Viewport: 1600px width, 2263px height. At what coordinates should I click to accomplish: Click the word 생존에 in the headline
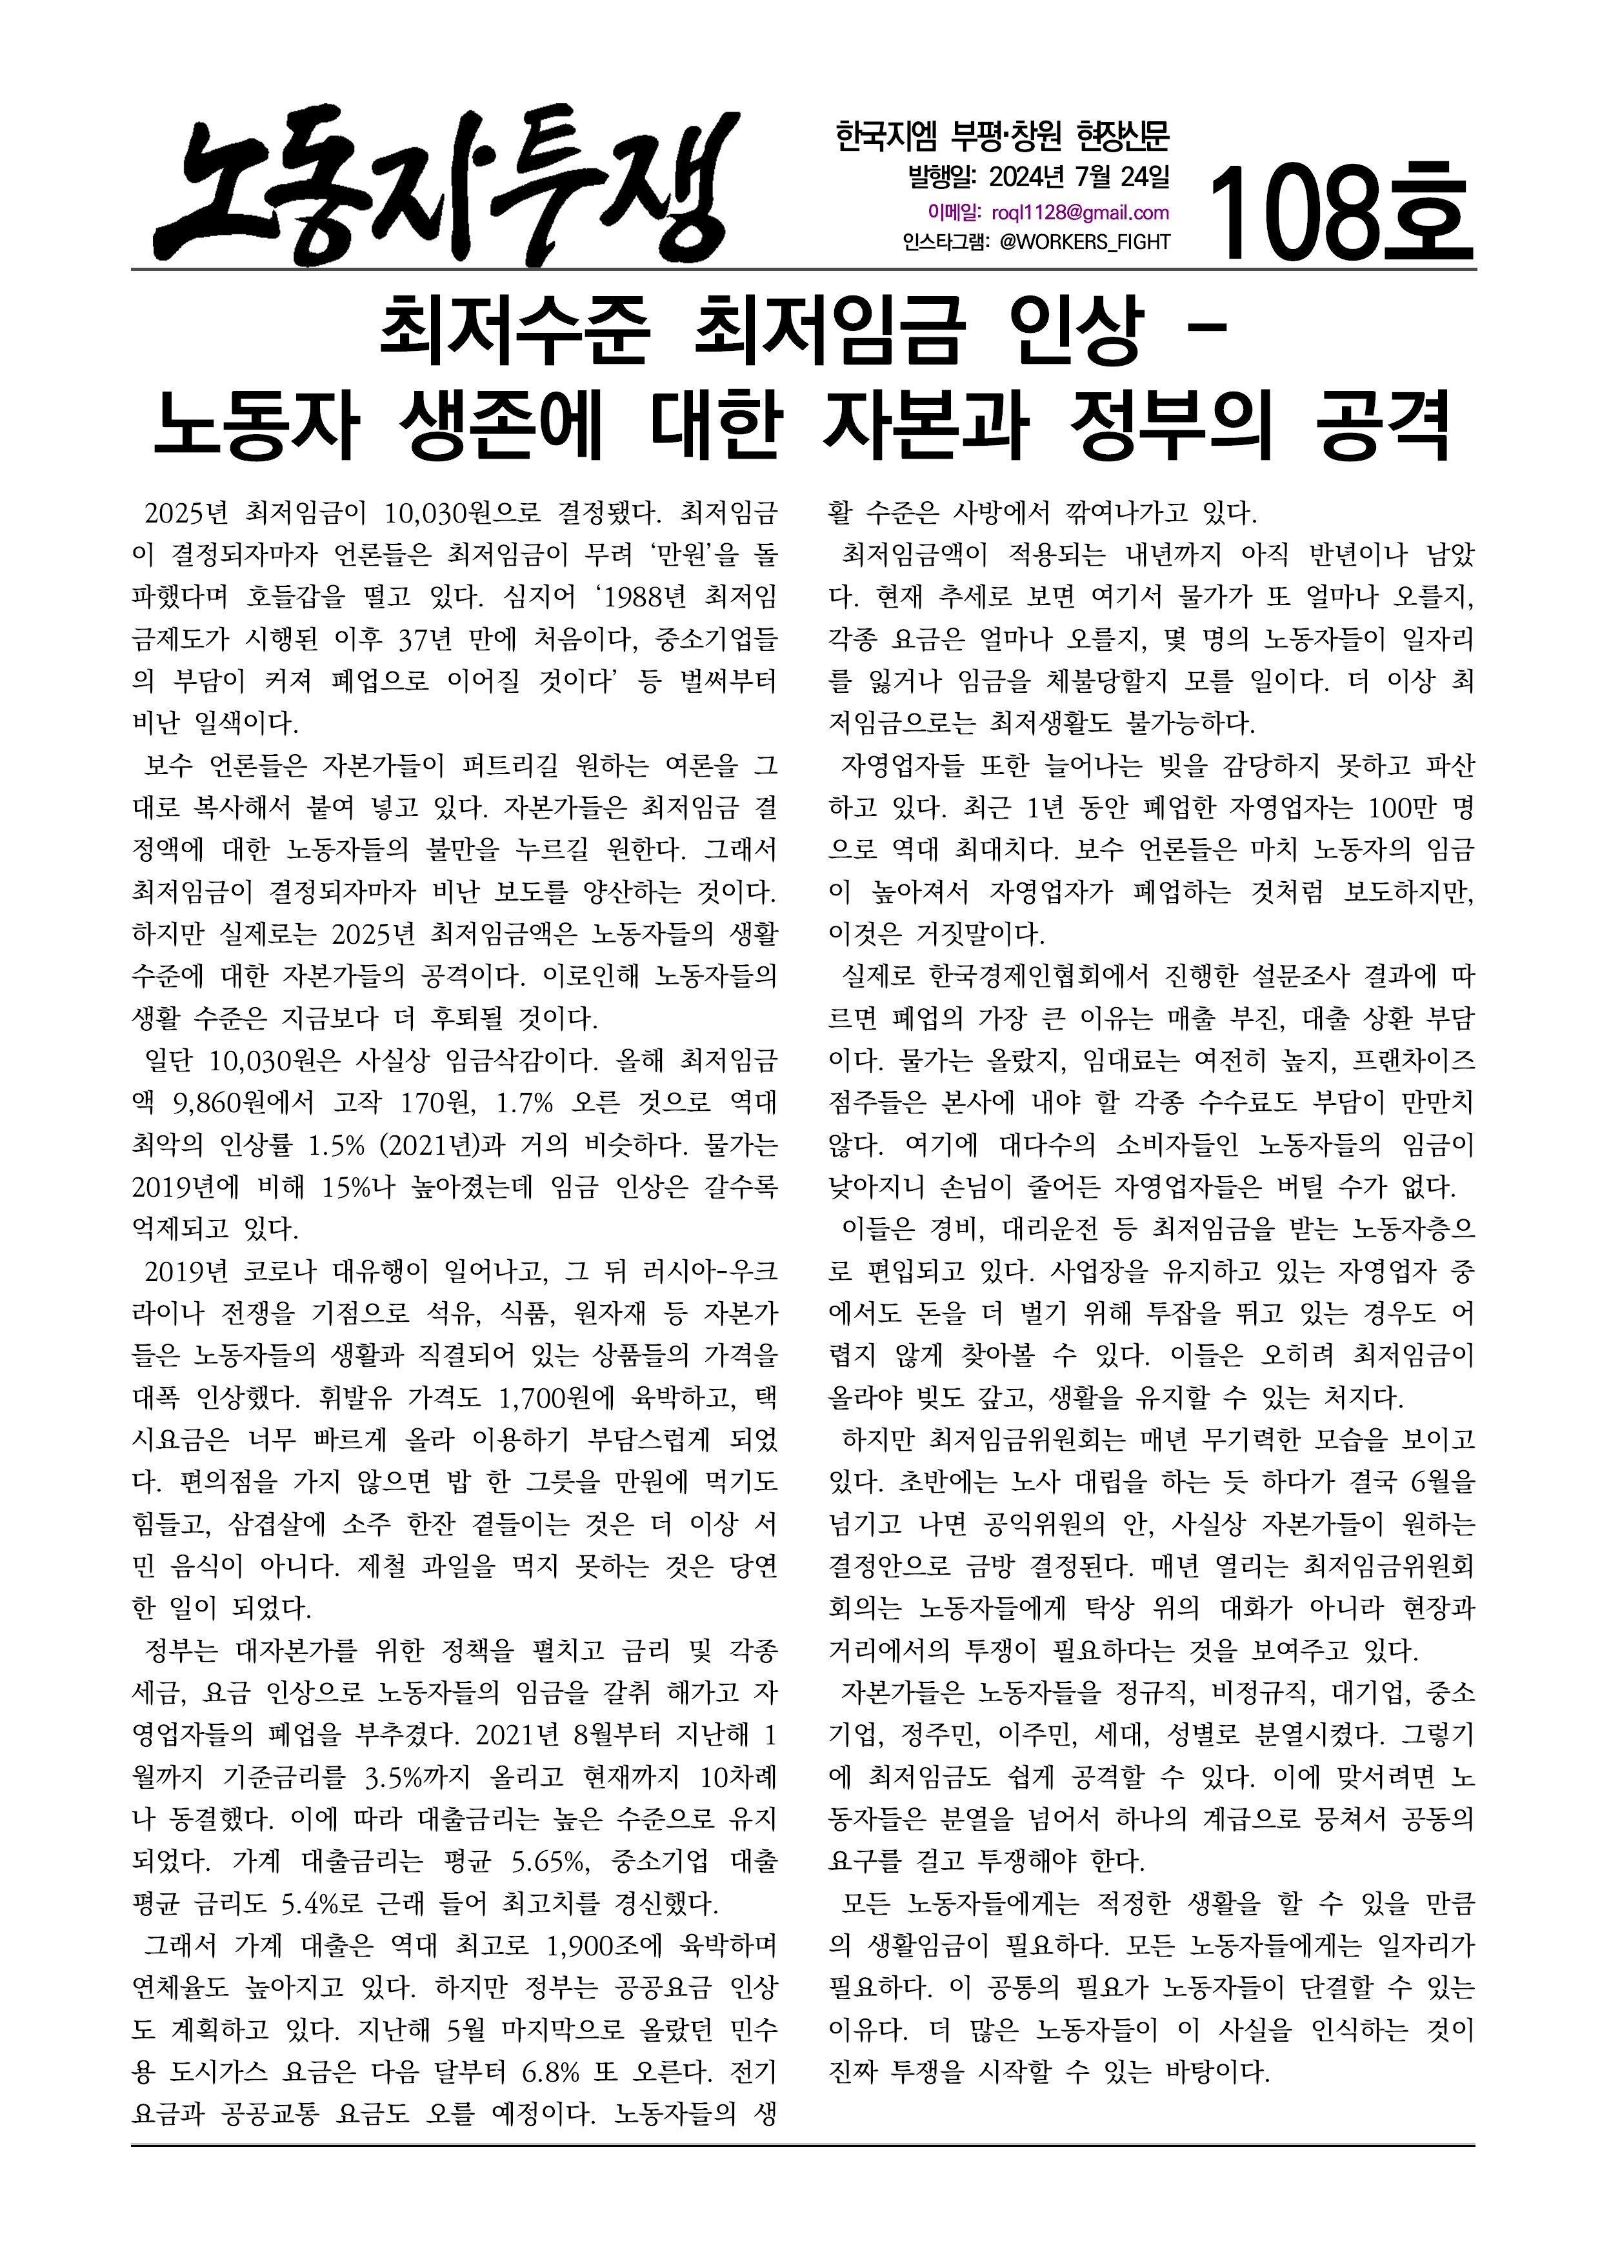[x=502, y=428]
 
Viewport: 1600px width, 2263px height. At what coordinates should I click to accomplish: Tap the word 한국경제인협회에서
[x=1039, y=976]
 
